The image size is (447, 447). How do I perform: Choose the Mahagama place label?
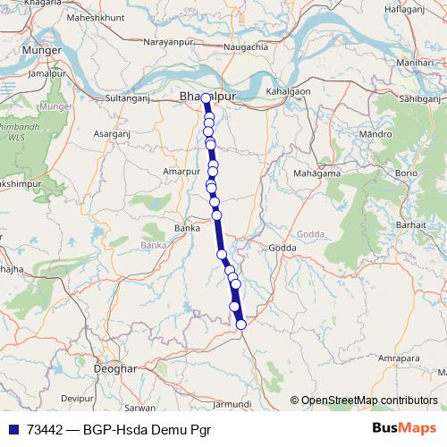(x=315, y=173)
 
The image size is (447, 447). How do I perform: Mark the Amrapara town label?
(x=399, y=358)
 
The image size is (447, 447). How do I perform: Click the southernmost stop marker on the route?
(x=240, y=325)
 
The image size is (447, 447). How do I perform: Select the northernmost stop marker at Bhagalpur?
(x=207, y=98)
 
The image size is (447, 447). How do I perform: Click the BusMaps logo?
(x=404, y=429)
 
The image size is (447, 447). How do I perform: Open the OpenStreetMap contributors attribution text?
(x=368, y=401)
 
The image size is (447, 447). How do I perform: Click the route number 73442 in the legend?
(x=44, y=430)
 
